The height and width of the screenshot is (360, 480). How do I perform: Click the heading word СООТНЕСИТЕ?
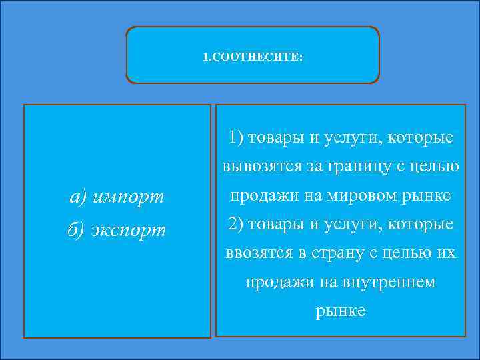pos(256,57)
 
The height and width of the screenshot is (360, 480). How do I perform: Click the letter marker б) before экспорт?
pos(78,229)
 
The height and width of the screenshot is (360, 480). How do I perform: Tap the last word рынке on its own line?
pos(341,311)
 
